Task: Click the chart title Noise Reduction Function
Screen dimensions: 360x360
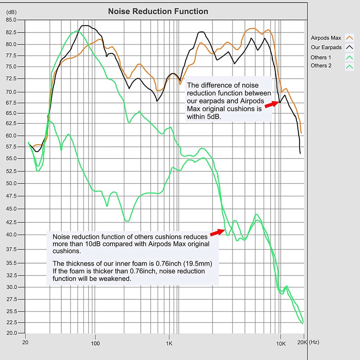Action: (158, 12)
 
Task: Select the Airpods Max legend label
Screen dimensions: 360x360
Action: (326, 38)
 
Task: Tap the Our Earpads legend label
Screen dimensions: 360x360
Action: (326, 47)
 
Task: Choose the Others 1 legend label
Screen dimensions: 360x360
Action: (321, 57)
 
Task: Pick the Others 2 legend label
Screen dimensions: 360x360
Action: (321, 66)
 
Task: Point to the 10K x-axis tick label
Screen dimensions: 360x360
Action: (280, 343)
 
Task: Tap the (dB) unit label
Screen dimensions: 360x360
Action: (11, 12)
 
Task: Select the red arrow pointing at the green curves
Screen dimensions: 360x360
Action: (218, 232)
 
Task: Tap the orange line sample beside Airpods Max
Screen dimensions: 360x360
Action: (349, 38)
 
